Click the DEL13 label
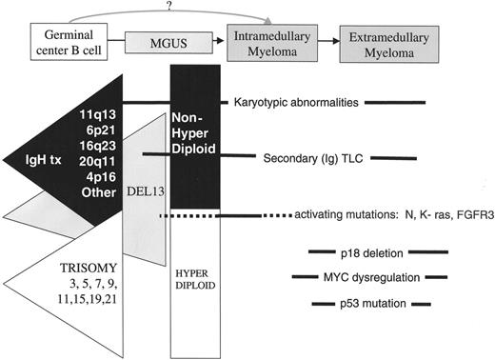(146, 191)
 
